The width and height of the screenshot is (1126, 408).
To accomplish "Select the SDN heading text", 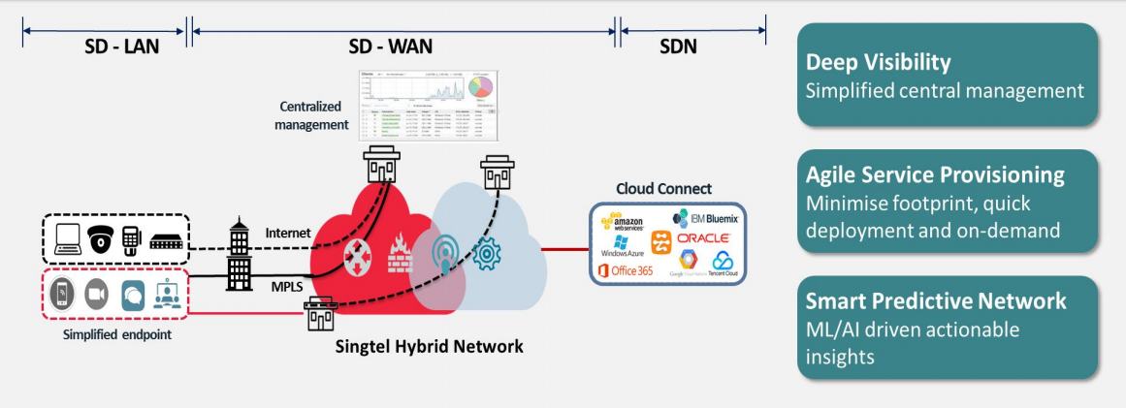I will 678,46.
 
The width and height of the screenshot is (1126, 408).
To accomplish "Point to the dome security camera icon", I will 99,239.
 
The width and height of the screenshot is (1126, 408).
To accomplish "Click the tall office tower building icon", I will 239,254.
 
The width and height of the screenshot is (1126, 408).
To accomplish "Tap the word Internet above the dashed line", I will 288,233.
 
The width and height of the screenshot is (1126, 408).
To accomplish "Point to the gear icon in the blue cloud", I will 487,253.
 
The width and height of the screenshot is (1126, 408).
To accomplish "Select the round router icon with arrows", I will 357,254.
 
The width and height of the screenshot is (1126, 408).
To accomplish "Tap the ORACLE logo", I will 703,237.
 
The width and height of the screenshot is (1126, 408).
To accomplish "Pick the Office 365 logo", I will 631,270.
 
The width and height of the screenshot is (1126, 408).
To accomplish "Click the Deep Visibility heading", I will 879,63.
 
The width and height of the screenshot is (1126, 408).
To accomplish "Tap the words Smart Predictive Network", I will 936,300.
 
